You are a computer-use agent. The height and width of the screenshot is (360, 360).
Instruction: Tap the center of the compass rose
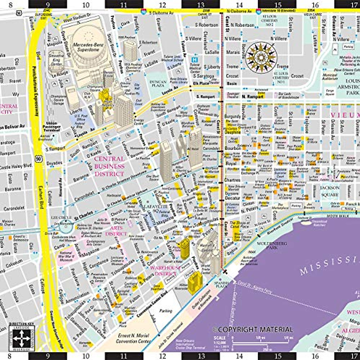click(261, 57)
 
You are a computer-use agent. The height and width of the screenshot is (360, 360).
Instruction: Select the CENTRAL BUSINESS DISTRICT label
click(109, 166)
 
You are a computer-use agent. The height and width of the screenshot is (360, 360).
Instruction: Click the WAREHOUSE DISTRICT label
click(166, 271)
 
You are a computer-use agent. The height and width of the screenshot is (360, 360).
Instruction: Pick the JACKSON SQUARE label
click(330, 191)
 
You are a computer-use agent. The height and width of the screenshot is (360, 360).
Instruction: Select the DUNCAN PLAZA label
click(158, 83)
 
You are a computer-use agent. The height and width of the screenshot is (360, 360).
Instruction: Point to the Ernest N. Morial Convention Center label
click(133, 338)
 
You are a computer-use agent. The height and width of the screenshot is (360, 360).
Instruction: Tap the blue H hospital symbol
click(194, 60)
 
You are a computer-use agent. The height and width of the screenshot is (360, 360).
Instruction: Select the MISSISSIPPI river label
click(330, 264)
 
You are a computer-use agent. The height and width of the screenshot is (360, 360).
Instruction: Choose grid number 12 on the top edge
click(162, 5)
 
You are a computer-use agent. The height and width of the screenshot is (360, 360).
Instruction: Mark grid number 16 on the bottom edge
click(315, 356)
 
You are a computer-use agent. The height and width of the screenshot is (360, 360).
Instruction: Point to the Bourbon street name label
click(233, 148)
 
